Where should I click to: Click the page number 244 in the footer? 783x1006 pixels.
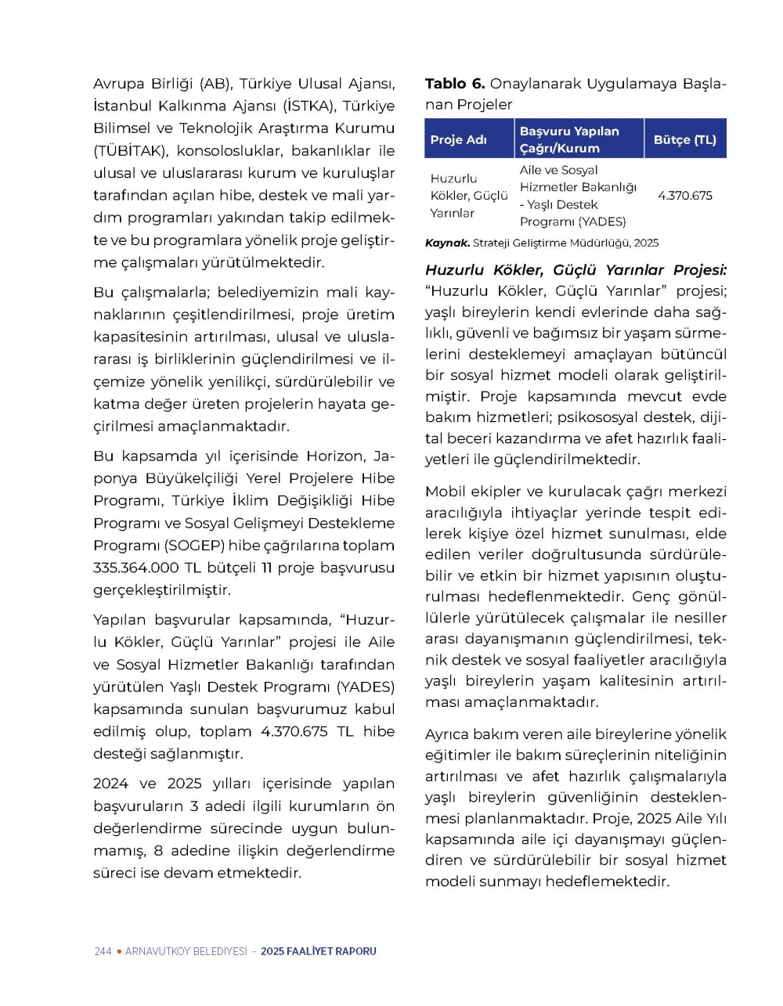(x=103, y=951)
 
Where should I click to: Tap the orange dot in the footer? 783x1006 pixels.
(x=118, y=951)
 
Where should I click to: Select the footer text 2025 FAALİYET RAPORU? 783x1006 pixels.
(x=319, y=951)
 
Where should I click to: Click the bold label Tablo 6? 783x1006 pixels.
(x=455, y=84)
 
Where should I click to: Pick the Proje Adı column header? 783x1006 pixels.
(x=459, y=139)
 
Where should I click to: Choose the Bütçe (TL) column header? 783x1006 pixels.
(x=685, y=139)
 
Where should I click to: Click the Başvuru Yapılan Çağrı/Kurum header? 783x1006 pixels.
(x=569, y=139)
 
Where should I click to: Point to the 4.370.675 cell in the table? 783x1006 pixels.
(x=685, y=196)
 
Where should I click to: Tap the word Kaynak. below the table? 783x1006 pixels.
(x=447, y=243)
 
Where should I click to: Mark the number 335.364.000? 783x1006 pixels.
(x=136, y=568)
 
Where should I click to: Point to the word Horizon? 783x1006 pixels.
(x=335, y=456)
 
